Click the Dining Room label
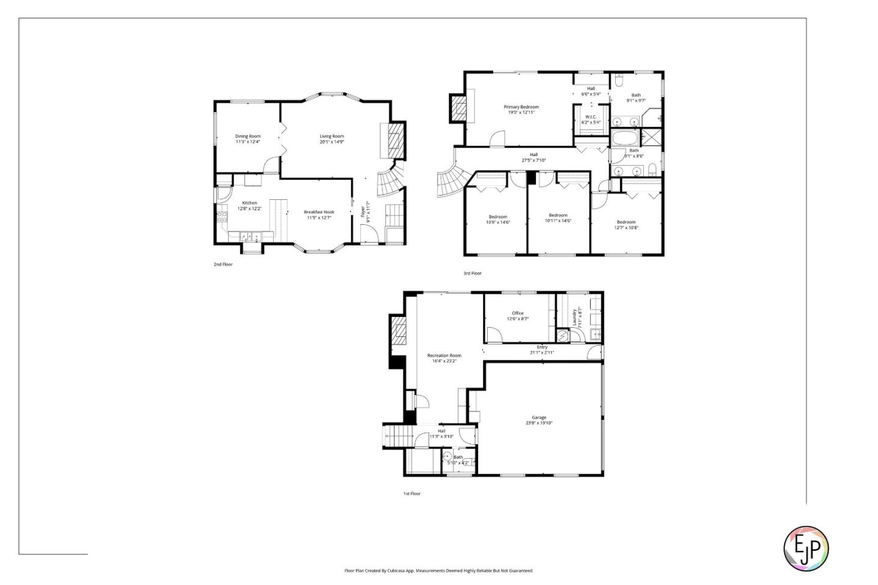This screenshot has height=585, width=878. [248, 136]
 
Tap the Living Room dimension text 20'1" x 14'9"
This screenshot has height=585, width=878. [332, 142]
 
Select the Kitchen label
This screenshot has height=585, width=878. [249, 203]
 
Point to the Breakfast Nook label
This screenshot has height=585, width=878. [319, 212]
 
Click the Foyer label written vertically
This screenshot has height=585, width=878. [363, 211]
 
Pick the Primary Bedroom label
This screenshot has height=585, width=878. [521, 107]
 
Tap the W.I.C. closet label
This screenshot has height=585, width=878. [591, 117]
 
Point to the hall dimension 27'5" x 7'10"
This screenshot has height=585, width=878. [534, 160]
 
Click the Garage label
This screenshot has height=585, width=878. [539, 417]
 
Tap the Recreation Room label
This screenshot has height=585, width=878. [444, 355]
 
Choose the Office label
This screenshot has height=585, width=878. [518, 313]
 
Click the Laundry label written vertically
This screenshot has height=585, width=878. [574, 317]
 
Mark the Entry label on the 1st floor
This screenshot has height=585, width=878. [542, 347]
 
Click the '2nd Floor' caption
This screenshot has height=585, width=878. [223, 264]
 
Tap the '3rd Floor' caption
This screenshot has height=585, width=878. [472, 273]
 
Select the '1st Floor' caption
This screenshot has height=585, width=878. [412, 494]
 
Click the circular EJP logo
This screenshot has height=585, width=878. [805, 548]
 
